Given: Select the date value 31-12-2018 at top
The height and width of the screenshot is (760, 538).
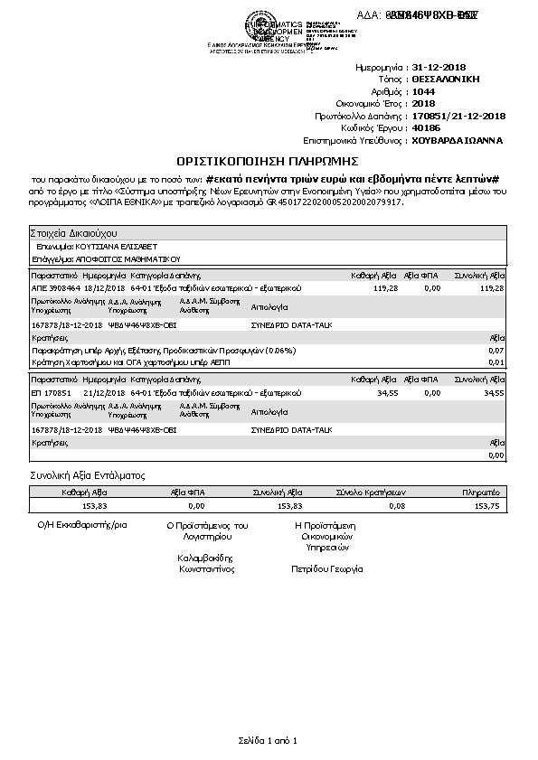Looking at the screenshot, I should click(x=439, y=68).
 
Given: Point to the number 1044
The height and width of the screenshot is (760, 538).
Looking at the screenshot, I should click(x=422, y=92).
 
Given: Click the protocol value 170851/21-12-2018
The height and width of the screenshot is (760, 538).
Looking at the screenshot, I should click(x=458, y=117).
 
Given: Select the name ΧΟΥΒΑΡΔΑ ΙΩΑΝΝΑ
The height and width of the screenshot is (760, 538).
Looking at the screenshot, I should click(x=457, y=141).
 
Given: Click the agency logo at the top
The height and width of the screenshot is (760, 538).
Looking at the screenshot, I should click(x=265, y=27).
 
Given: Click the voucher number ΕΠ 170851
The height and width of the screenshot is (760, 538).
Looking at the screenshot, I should click(x=51, y=394).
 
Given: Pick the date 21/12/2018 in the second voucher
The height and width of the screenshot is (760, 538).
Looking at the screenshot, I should click(x=101, y=394).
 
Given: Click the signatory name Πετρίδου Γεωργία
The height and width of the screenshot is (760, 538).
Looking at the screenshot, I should click(x=326, y=569).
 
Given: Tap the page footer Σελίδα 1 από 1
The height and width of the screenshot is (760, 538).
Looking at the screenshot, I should click(x=268, y=741).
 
